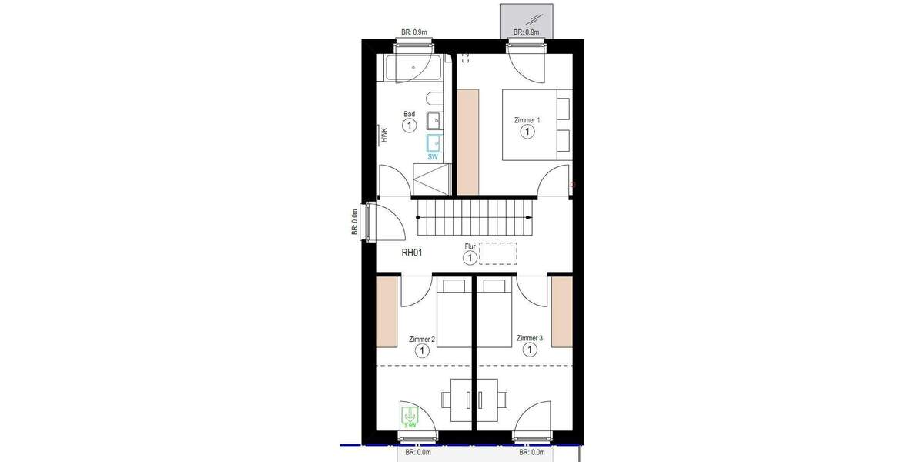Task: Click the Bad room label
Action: point(409,114)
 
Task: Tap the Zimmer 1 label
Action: point(527,121)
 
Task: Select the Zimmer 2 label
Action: point(422,339)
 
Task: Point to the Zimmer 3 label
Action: point(530,338)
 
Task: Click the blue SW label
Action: point(433,156)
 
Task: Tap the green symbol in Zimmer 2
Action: point(409,416)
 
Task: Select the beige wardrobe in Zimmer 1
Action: point(467,141)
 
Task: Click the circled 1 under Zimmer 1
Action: point(527,132)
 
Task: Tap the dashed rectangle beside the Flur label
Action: point(497,253)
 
